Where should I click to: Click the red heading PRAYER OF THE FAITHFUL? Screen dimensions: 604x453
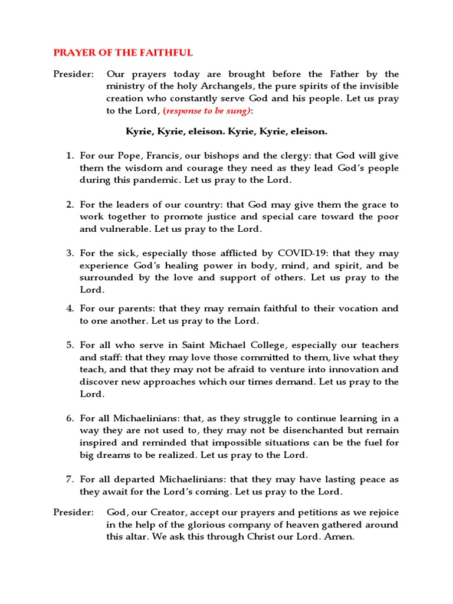coord(123,52)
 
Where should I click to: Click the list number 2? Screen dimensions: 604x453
coord(69,205)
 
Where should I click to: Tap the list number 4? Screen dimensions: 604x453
coord(69,308)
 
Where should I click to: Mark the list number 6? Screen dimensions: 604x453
coord(69,418)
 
